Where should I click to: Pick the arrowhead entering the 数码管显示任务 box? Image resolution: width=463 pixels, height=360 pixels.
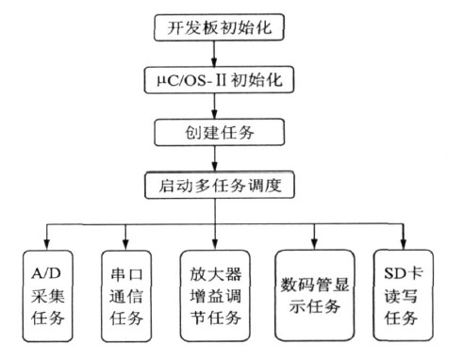click(x=316, y=243)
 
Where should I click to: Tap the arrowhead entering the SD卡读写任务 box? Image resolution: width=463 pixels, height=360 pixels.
click(x=405, y=243)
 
